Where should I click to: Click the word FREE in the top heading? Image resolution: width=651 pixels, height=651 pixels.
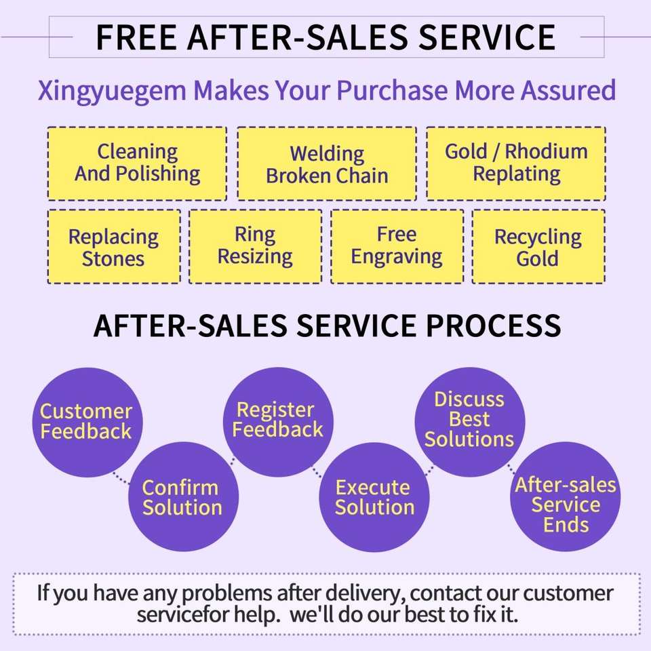(136, 37)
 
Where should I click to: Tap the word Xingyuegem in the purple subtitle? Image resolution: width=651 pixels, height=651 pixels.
(112, 91)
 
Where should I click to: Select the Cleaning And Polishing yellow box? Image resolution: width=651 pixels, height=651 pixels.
(137, 163)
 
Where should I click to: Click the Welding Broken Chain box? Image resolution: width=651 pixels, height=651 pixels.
(327, 163)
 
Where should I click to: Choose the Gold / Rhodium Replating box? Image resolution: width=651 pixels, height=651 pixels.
(516, 163)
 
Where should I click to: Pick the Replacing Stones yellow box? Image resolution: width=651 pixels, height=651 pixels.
(114, 247)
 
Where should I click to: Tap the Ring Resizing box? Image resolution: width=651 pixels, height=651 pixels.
(256, 247)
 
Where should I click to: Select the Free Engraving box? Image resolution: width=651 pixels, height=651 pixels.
(397, 247)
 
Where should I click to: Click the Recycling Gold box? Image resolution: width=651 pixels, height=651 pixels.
(538, 247)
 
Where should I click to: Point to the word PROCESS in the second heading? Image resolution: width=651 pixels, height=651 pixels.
(493, 325)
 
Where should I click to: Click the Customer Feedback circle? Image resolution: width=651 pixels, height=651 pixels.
(87, 422)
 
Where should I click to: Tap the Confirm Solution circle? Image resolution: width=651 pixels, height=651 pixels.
(183, 496)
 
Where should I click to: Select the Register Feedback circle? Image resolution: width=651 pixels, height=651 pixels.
(278, 422)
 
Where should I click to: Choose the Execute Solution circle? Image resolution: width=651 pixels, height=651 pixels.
(374, 497)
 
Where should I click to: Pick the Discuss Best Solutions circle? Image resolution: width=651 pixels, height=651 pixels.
(470, 422)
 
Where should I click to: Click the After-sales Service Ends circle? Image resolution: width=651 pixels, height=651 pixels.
(566, 496)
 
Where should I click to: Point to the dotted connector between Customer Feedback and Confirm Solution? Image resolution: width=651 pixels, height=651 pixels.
(121, 479)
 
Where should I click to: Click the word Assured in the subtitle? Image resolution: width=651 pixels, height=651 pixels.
(568, 90)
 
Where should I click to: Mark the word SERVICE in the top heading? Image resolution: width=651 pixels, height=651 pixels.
(487, 37)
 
